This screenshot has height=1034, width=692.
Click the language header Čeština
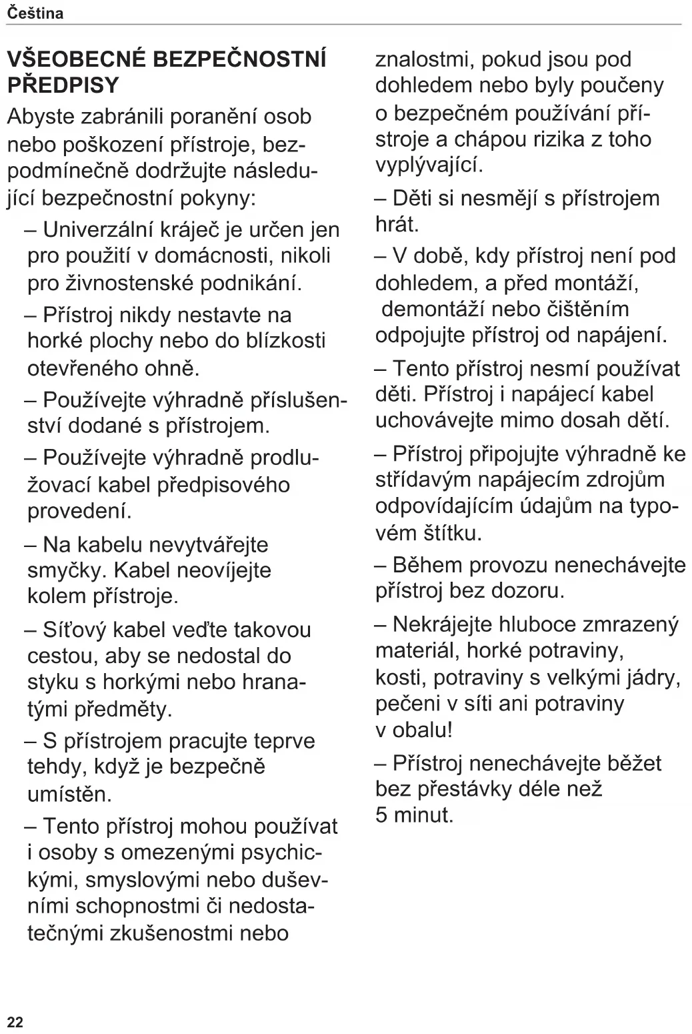coord(35,13)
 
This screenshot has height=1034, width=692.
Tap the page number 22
coord(15,1022)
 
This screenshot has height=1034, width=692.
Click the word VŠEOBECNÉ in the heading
coord(75,59)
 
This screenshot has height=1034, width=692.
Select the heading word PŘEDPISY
coord(63,85)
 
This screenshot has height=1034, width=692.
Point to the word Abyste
coord(40,117)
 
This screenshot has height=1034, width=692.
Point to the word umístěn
coord(69,794)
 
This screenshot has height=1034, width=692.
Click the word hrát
coord(397,224)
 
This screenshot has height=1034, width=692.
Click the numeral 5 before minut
coord(381,815)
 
